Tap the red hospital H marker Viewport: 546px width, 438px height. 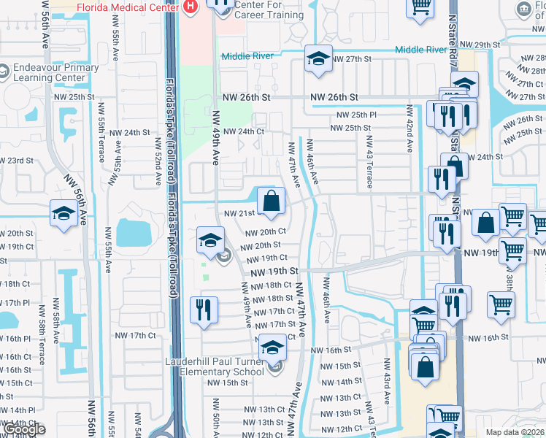[x=191, y=6]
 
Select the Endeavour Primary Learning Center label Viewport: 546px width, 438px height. [x=55, y=72]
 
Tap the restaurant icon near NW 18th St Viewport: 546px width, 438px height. [x=204, y=309]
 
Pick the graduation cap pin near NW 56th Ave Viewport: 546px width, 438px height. [x=64, y=213]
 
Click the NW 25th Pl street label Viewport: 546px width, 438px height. [x=356, y=115]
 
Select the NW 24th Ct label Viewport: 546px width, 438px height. [x=243, y=131]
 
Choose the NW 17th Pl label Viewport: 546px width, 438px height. [x=15, y=302]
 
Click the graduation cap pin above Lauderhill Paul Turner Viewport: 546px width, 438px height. [x=273, y=348]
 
